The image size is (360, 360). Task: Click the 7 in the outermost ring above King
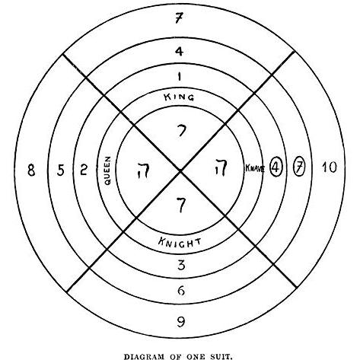(x=179, y=18)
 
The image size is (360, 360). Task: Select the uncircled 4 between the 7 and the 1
(x=179, y=52)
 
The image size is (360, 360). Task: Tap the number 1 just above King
(x=180, y=76)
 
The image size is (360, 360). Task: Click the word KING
(x=179, y=97)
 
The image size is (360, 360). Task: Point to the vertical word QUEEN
(x=108, y=170)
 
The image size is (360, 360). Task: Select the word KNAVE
(x=255, y=168)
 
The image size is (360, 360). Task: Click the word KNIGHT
(x=180, y=242)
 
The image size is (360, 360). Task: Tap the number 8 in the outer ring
(x=31, y=170)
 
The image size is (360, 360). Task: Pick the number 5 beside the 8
(x=61, y=170)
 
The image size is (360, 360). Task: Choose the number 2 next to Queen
(x=84, y=170)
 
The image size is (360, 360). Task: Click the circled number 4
(x=276, y=167)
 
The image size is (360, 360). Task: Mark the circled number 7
(x=299, y=167)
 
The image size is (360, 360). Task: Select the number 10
(x=330, y=167)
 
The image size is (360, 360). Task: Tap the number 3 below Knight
(x=181, y=266)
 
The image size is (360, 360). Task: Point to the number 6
(x=181, y=291)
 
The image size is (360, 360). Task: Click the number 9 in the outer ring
(x=180, y=322)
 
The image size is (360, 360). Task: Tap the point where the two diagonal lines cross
(x=180, y=172)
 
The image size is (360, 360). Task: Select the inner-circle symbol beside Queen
(x=142, y=170)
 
